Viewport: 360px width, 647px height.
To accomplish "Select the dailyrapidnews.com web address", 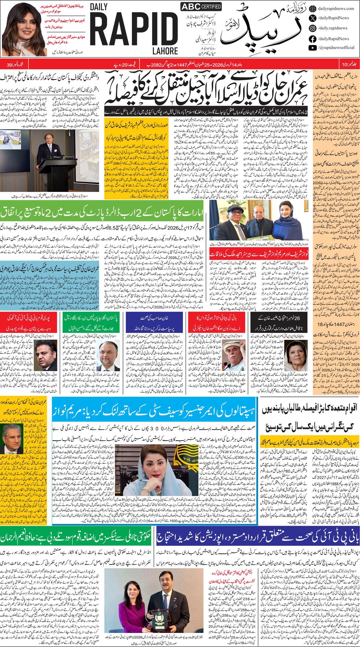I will click(x=336, y=9).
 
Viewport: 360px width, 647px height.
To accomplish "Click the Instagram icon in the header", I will click(x=312, y=28).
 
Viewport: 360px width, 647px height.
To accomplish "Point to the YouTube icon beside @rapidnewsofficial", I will click(x=312, y=48).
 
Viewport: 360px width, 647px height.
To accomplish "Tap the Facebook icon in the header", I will click(x=312, y=38).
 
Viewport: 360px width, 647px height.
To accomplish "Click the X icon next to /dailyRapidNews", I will click(x=312, y=18).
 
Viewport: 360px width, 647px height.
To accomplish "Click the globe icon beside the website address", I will click(x=312, y=9).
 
